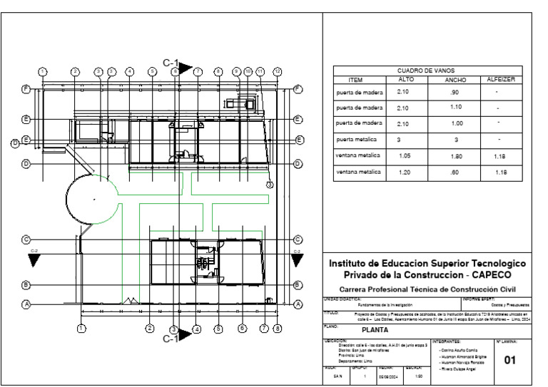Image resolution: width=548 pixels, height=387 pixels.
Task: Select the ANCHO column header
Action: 455,81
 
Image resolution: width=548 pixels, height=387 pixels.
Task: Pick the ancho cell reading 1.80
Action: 455,155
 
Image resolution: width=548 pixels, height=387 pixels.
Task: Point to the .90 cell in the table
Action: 455,93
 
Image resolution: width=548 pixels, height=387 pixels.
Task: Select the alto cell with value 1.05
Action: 405,155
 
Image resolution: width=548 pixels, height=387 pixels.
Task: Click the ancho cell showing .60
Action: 455,172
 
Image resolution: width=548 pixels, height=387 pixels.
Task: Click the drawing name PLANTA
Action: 375,330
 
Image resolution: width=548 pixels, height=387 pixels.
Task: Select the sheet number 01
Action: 509,360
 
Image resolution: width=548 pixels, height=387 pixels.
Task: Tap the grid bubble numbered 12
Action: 278,71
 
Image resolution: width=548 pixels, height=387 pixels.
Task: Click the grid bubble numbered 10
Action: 248,71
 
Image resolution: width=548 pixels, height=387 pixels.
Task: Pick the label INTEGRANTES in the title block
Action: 447,341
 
